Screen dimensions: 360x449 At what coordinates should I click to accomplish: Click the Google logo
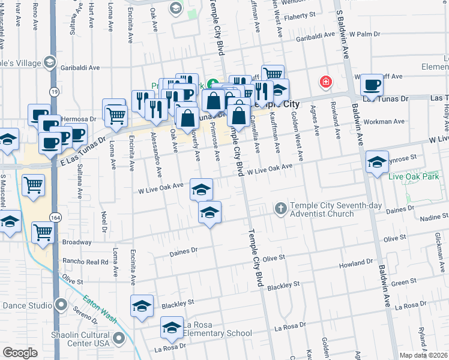coord(20,352)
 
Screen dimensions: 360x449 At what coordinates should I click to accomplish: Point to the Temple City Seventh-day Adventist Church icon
coord(280,208)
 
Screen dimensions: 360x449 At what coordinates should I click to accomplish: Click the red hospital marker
coord(326,82)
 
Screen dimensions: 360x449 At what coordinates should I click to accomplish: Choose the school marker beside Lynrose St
coord(377,163)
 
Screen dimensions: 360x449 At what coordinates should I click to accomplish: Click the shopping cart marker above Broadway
coord(43,231)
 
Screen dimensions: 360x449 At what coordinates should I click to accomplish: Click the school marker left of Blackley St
coord(142,306)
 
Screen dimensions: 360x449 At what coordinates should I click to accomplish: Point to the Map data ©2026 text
coord(423,355)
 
